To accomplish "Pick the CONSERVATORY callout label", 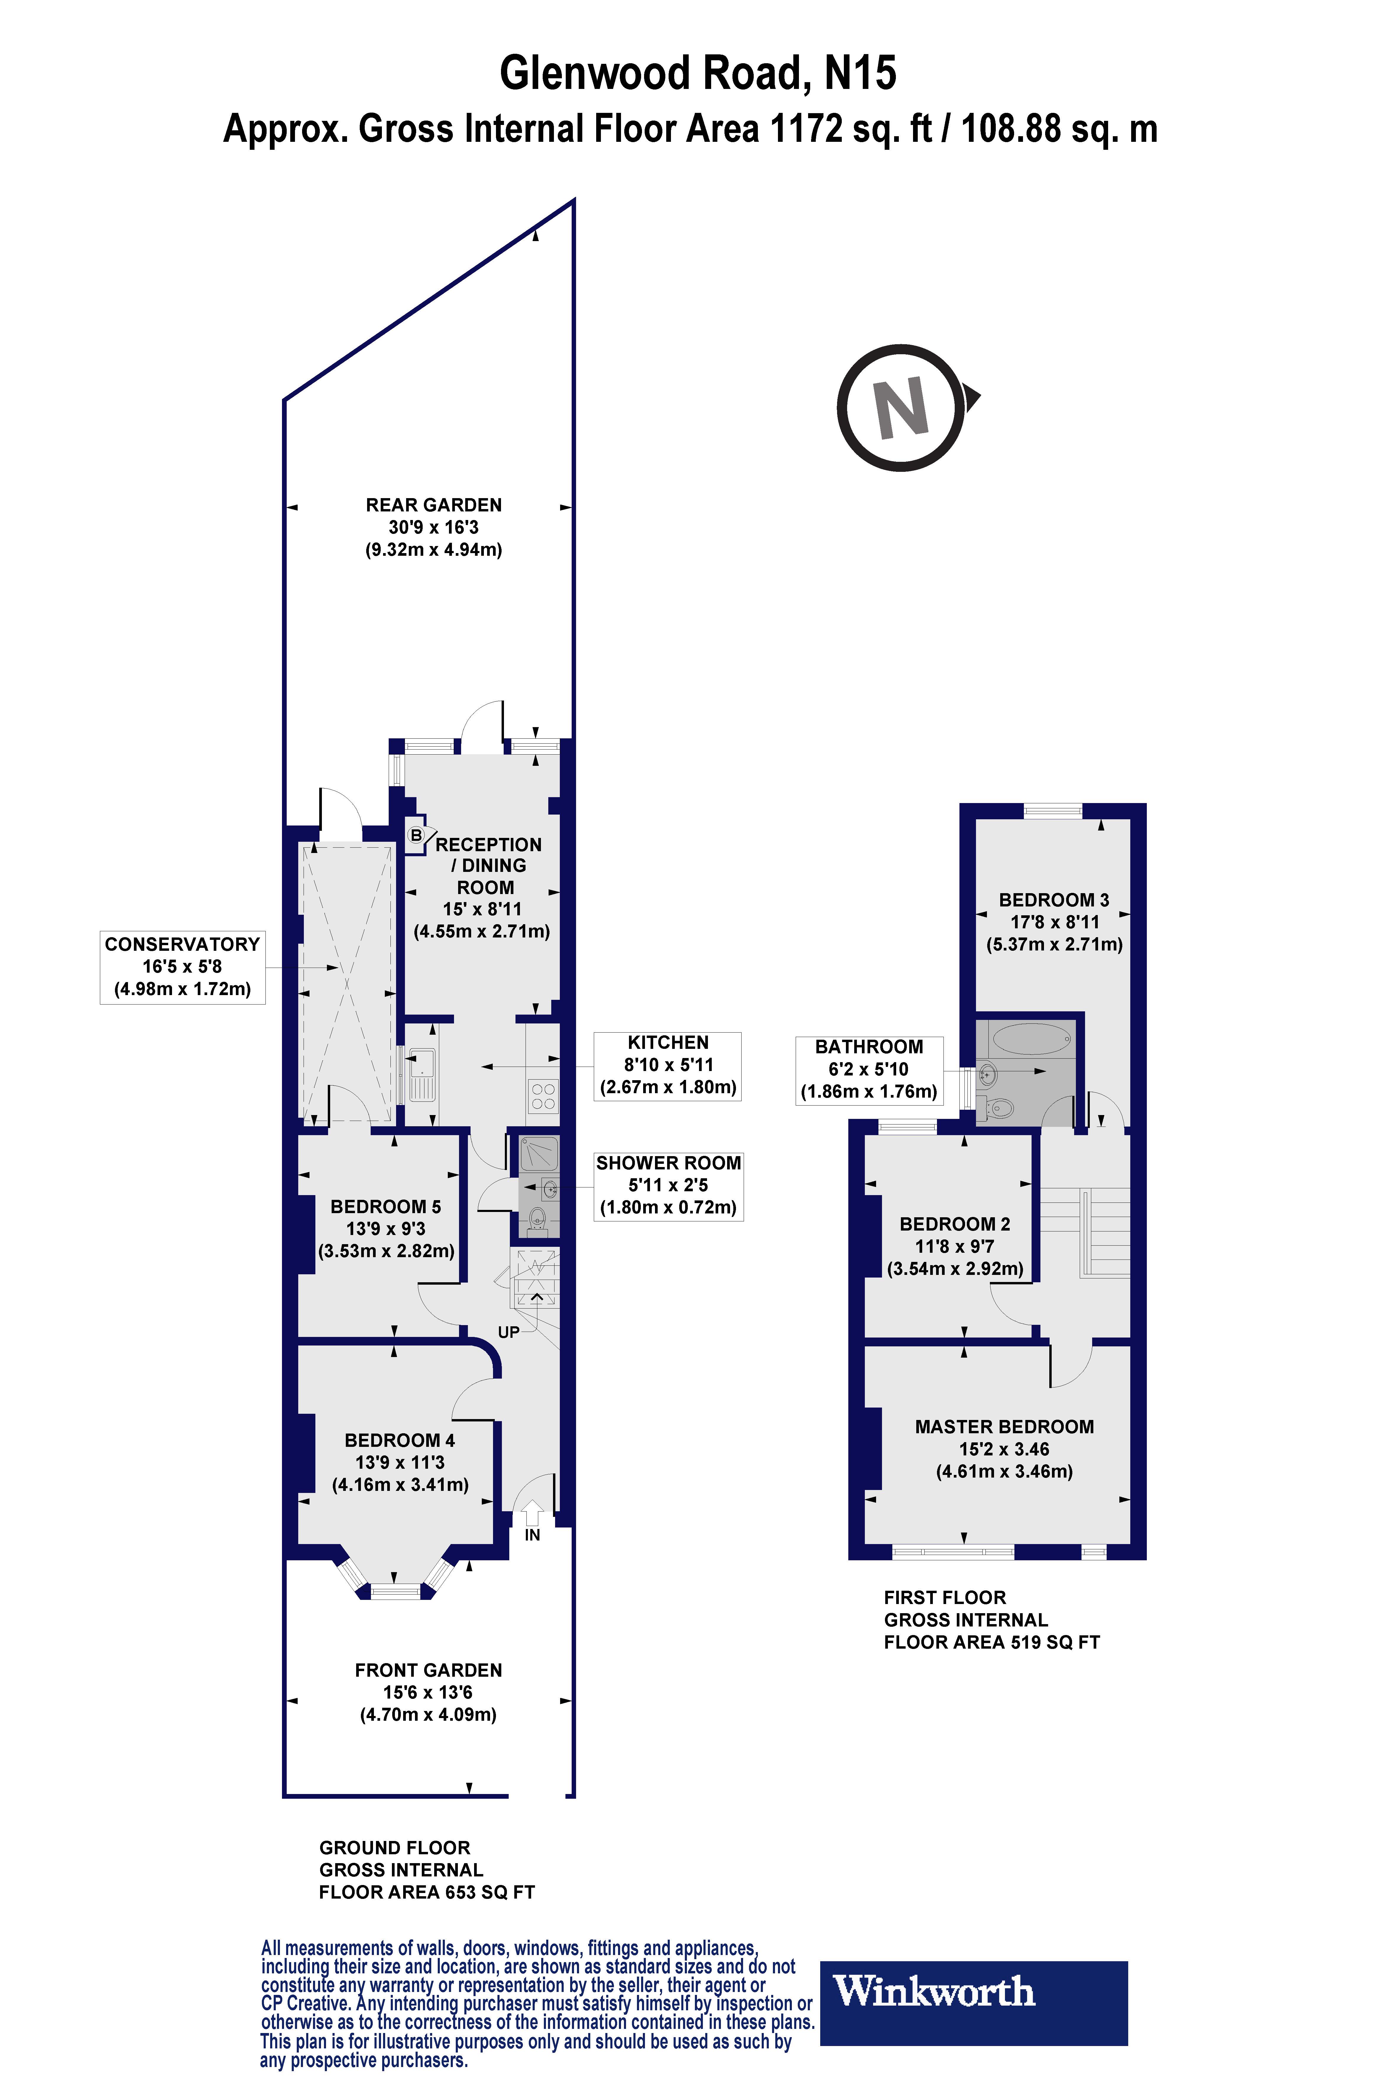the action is (x=182, y=966).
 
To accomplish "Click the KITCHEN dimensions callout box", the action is (x=668, y=1065).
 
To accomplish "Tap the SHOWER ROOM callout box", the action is (x=669, y=1185).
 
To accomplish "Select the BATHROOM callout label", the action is (x=869, y=1069).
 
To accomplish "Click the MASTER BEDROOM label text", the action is (x=1004, y=1426).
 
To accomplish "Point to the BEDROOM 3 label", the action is (x=1054, y=900).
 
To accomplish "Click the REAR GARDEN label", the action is (x=434, y=505).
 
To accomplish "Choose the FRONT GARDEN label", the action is (x=428, y=1670).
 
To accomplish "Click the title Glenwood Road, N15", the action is (x=698, y=73).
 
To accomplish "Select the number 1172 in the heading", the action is (x=806, y=129).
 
